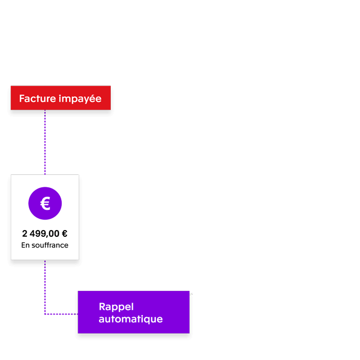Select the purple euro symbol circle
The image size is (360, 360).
[x=45, y=203]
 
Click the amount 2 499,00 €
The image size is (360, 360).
[x=45, y=233]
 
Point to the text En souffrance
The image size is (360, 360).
[x=45, y=245]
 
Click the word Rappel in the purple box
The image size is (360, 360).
[x=116, y=307]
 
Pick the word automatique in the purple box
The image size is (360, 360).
[x=130, y=319]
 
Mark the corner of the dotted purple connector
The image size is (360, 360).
[x=45, y=313]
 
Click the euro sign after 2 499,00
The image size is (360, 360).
[x=64, y=233]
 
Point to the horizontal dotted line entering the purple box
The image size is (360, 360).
[x=62, y=313]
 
